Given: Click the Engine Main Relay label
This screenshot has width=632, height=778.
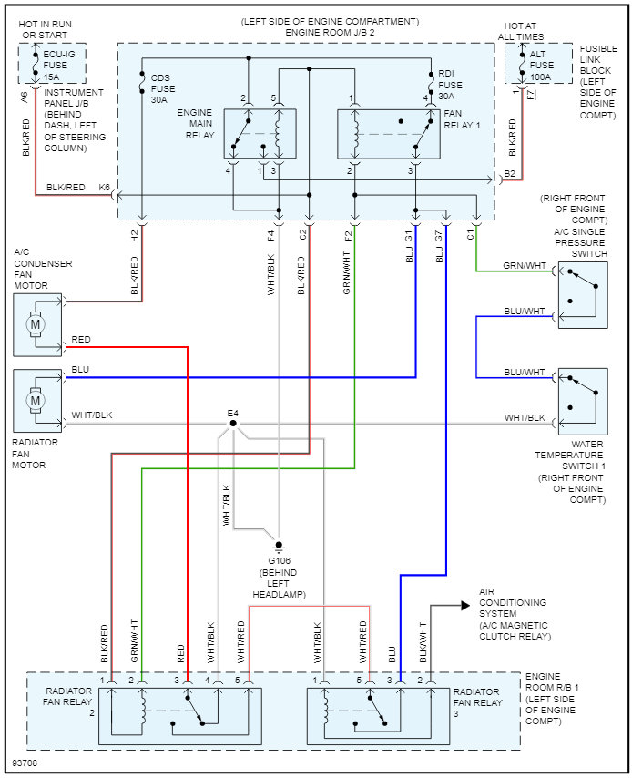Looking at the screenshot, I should pos(196,123).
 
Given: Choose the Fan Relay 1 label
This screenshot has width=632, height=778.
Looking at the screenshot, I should pos(462,118).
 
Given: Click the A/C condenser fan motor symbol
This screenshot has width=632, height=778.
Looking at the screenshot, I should pos(36,323).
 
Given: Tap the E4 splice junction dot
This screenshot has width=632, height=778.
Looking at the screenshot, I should pos(234,424).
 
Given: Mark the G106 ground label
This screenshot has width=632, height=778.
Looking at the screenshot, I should pos(278,559).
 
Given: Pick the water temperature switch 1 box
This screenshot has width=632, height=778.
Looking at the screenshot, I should pos(582,399).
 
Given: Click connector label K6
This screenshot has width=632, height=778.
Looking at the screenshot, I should pos(105,188).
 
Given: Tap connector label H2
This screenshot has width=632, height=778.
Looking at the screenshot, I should pos(135,236).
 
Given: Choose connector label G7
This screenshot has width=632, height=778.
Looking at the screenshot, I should pos(439,236).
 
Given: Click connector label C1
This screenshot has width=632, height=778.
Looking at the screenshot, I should pos(470,236).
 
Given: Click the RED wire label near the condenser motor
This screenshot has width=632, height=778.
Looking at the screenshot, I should pos(81,340).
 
